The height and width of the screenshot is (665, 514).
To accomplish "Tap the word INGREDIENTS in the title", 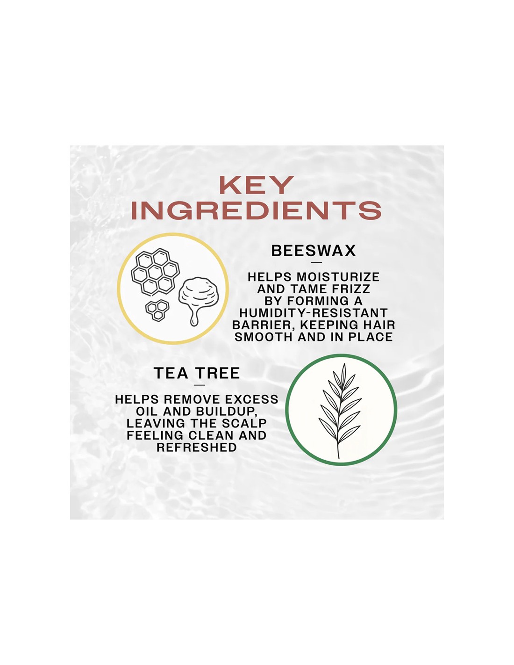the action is [256, 210].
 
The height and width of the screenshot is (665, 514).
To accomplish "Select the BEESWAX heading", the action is [314, 251].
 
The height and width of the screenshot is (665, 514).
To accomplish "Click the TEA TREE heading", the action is [197, 373].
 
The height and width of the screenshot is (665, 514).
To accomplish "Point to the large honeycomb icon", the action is [155, 272].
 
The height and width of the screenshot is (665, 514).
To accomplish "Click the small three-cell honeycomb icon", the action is [157, 311].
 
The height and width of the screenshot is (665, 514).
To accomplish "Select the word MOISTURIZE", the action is [338, 277].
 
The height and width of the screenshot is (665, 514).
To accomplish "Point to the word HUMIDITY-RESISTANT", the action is [314, 313].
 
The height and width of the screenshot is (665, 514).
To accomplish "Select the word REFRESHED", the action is [197, 448].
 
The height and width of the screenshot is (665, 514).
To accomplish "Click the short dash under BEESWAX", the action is [316, 262].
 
